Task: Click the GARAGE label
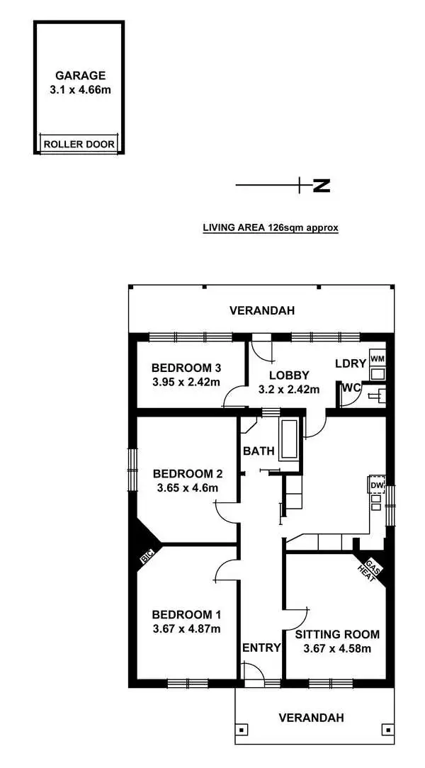(x=81, y=75)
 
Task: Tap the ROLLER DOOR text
(x=79, y=145)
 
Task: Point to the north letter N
(x=322, y=186)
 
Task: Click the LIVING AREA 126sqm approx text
(x=271, y=228)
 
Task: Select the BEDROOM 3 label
(x=187, y=368)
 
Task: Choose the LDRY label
(x=351, y=363)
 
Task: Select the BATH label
(x=257, y=451)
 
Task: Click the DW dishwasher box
(x=378, y=485)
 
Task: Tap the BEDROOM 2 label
(x=183, y=473)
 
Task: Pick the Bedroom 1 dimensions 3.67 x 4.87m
(x=187, y=628)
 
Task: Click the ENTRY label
(x=261, y=648)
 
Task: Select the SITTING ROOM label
(x=337, y=634)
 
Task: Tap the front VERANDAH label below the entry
(x=311, y=718)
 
